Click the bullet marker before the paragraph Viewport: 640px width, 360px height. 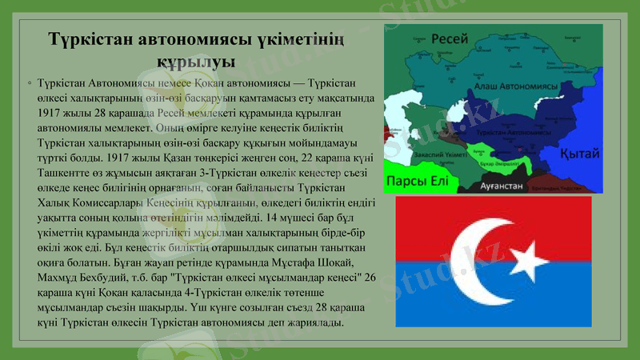(x=29, y=83)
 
